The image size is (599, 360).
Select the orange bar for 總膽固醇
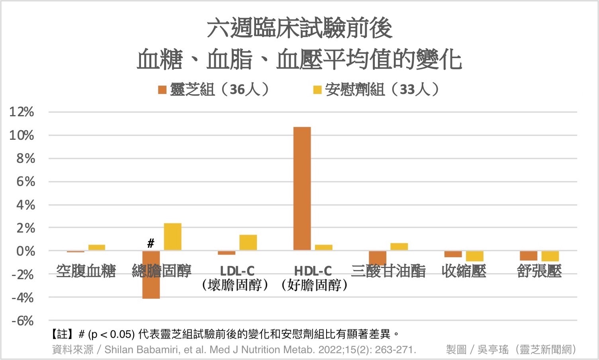pyautogui.click(x=151, y=287)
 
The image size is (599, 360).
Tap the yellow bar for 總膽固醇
pyautogui.click(x=172, y=237)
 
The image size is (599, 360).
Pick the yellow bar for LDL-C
pyautogui.click(x=248, y=243)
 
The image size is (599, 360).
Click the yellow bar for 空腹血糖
pyautogui.click(x=97, y=247)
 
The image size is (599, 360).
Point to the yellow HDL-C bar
pyautogui.click(x=323, y=247)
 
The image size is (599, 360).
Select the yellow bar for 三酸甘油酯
pyautogui.click(x=399, y=247)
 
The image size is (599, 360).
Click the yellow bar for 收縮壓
pyautogui.click(x=474, y=256)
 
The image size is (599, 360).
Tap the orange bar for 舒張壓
pyautogui.click(x=529, y=256)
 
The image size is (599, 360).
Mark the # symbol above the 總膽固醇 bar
pyautogui.click(x=151, y=243)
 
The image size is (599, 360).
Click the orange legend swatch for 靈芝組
pyautogui.click(x=162, y=90)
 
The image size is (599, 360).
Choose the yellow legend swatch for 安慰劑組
pyautogui.click(x=317, y=90)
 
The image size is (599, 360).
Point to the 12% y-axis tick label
pyautogui.click(x=22, y=112)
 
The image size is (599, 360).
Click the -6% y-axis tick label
pyautogui.click(x=22, y=321)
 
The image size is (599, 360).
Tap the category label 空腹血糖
pyautogui.click(x=86, y=271)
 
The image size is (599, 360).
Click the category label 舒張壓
pyautogui.click(x=539, y=271)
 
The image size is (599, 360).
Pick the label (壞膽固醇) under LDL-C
pyautogui.click(x=235, y=285)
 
